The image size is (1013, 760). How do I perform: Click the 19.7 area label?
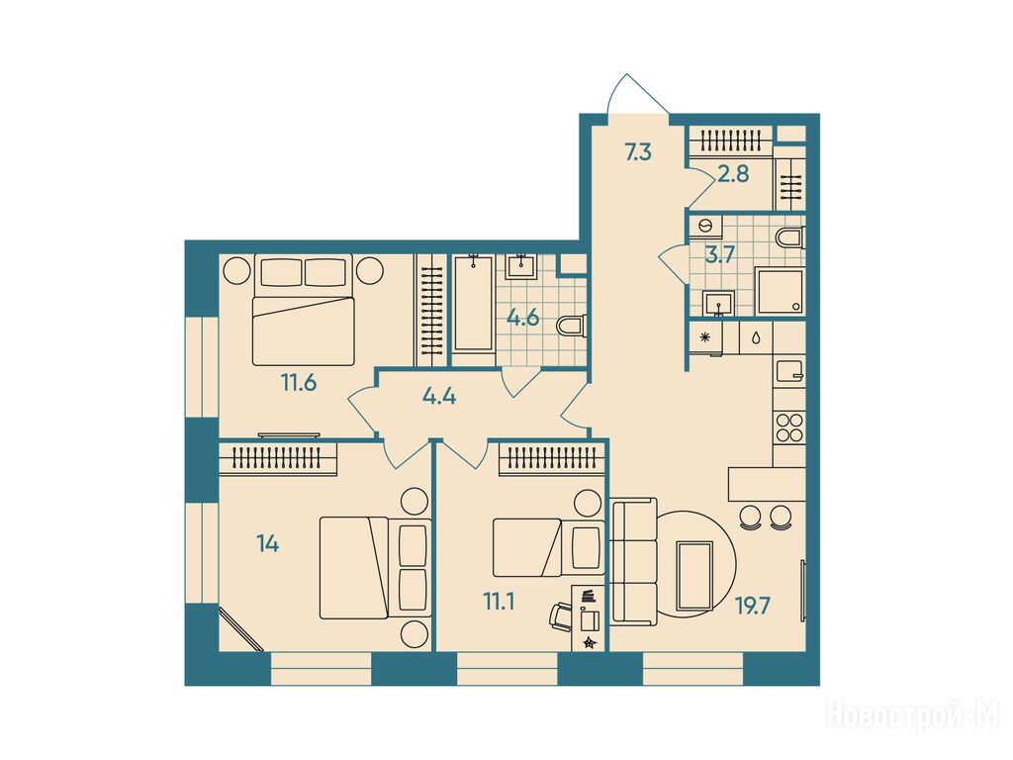click(x=753, y=607)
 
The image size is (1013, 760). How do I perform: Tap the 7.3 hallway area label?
click(x=638, y=153)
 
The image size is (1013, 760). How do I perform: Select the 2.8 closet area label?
click(x=733, y=174)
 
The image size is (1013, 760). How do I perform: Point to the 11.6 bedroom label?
click(x=299, y=383)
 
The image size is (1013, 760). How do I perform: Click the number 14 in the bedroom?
click(x=267, y=544)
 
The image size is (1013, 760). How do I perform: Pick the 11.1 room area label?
click(x=499, y=603)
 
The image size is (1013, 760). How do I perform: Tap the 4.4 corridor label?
click(x=439, y=396)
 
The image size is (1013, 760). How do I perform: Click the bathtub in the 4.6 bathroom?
click(x=474, y=304)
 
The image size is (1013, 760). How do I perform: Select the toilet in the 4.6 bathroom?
click(x=571, y=326)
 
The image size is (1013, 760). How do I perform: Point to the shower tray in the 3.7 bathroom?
click(x=781, y=292)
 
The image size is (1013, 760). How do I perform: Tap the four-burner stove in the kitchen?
click(x=788, y=427)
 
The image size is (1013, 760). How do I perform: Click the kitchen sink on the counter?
click(x=788, y=370)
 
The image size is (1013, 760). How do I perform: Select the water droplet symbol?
click(x=756, y=338)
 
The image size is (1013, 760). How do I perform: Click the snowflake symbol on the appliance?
click(x=704, y=336)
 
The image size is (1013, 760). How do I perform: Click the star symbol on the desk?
click(x=589, y=642)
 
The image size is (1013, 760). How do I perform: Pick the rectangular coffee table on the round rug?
click(x=694, y=576)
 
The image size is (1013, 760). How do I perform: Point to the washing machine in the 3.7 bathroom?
click(x=704, y=227)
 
